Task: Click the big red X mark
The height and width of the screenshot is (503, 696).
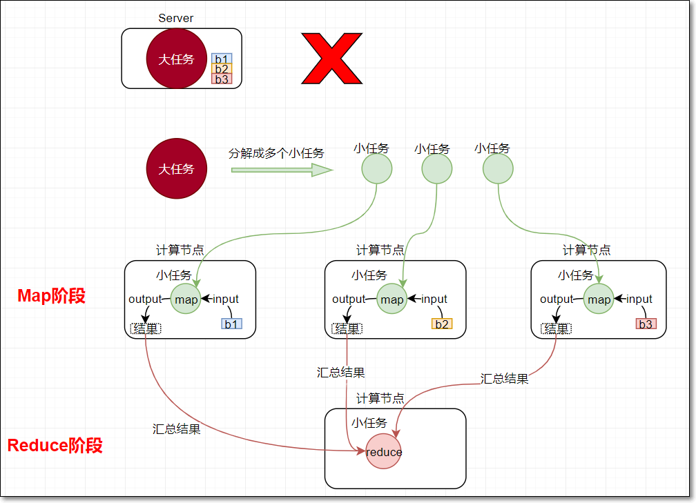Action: tap(331, 58)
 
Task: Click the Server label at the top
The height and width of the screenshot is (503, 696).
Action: tap(176, 18)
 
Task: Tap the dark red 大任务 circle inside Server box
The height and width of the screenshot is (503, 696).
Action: tap(176, 59)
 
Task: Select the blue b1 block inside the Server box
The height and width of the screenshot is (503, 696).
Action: tap(222, 59)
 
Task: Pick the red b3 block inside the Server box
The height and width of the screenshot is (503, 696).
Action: tap(222, 79)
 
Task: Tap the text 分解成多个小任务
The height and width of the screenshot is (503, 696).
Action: tap(276, 153)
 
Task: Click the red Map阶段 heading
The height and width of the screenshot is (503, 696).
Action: tap(52, 296)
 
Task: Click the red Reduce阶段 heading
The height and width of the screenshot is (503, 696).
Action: tap(55, 445)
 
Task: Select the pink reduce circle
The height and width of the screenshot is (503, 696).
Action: tap(383, 452)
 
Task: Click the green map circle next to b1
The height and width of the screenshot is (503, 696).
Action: tap(186, 299)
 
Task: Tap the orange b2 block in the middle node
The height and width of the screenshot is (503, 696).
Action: tap(442, 324)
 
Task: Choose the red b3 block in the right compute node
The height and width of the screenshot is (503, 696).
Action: tap(646, 324)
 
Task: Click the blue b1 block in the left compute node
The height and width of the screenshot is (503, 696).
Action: tap(231, 324)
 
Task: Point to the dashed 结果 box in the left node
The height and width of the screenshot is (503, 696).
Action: tap(145, 328)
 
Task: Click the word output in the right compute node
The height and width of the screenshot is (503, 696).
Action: tap(557, 299)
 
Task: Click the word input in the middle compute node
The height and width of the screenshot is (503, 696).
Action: tap(434, 299)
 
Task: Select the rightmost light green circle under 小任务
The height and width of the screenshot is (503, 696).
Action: tap(498, 169)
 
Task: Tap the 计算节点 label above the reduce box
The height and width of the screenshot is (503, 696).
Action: tap(380, 398)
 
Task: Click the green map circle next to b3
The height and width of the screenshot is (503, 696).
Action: tap(599, 299)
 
